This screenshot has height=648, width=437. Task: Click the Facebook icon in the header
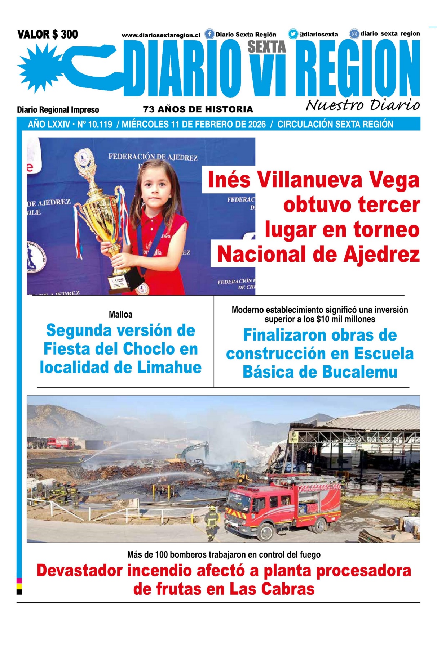point(209,34)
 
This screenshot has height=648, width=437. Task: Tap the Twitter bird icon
point(293,34)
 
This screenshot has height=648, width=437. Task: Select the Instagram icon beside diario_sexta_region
point(354,34)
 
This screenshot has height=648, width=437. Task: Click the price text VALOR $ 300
point(48,35)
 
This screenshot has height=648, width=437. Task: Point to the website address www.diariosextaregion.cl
point(161,35)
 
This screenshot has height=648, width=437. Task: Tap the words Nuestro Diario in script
point(362,105)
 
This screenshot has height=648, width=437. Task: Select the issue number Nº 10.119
point(94,125)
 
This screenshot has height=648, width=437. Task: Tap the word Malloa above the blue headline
point(120,315)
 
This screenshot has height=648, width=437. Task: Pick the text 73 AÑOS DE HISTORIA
point(198,109)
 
